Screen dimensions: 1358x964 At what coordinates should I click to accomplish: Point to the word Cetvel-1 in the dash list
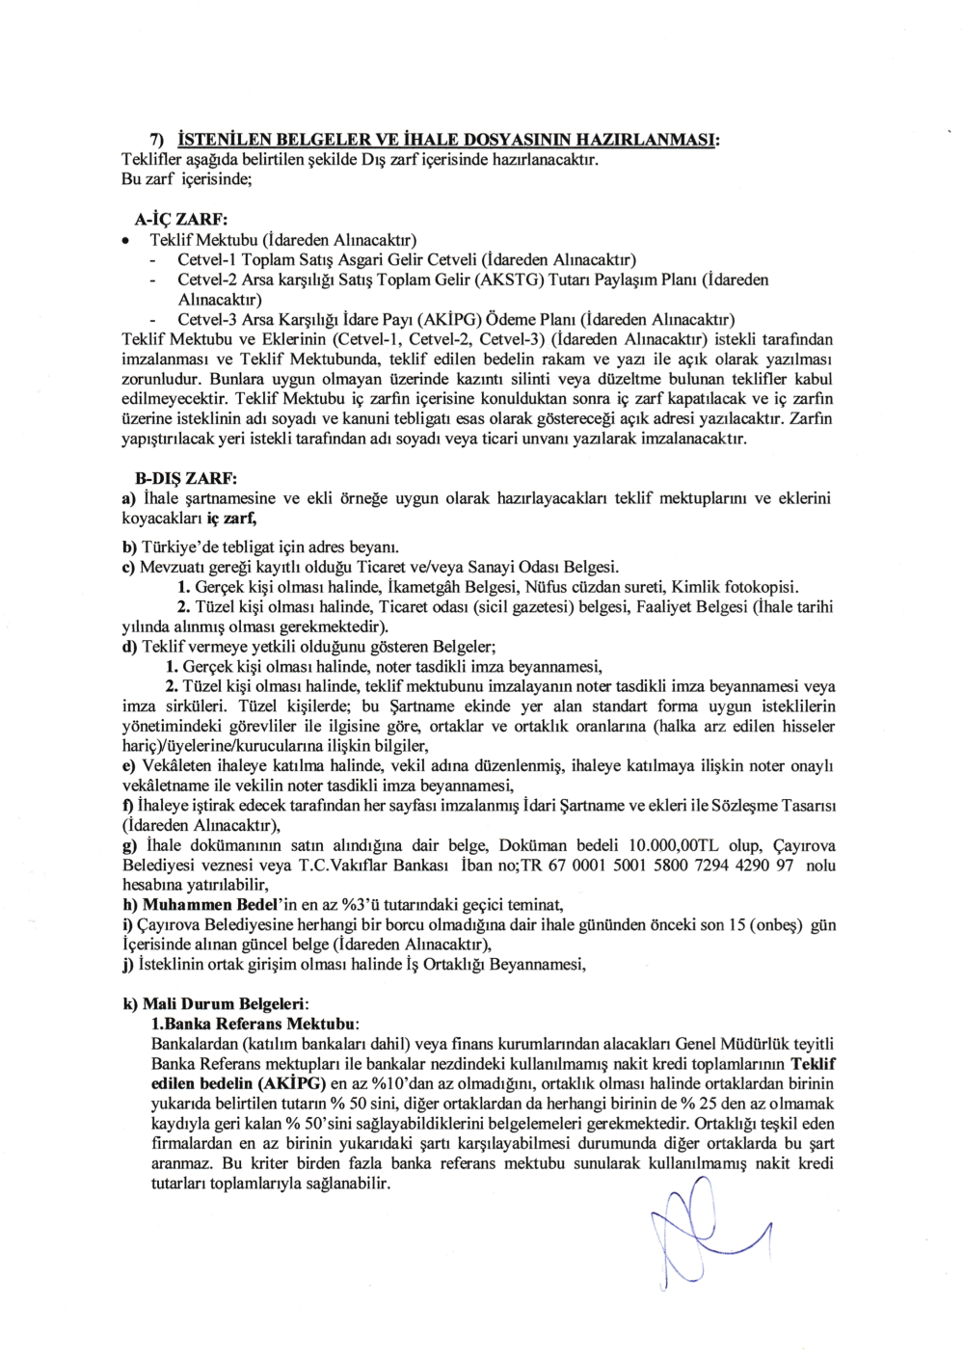click(207, 259)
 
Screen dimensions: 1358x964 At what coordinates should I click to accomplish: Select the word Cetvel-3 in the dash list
click(207, 320)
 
